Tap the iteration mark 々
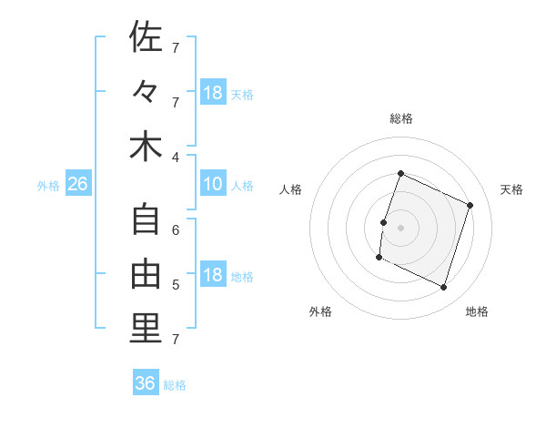pyautogui.click(x=146, y=91)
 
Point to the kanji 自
pyautogui.click(x=146, y=219)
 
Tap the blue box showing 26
pyautogui.click(x=78, y=185)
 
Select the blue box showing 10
pyautogui.click(x=213, y=185)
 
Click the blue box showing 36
pyautogui.click(x=146, y=383)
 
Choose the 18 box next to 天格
pyautogui.click(x=213, y=92)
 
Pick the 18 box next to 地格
pyautogui.click(x=213, y=276)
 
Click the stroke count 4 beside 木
pyautogui.click(x=176, y=157)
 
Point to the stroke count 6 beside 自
pyautogui.click(x=176, y=230)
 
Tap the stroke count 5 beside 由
pyautogui.click(x=176, y=285)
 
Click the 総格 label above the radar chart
pyautogui.click(x=401, y=118)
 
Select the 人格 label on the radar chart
pyautogui.click(x=291, y=189)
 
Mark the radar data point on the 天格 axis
pyautogui.click(x=470, y=205)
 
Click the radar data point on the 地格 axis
pyautogui.click(x=444, y=288)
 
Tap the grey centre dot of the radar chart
pyautogui.click(x=400, y=228)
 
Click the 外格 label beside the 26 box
pyautogui.click(x=48, y=186)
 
